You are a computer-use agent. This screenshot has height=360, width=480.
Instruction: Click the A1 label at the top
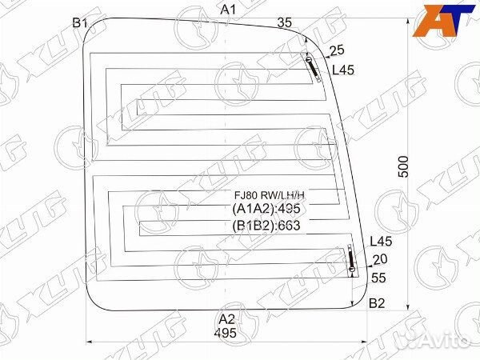click(228, 10)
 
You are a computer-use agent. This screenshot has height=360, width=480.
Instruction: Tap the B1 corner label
click(79, 23)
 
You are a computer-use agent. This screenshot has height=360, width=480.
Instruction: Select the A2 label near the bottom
click(226, 318)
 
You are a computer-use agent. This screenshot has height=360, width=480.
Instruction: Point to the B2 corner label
click(377, 303)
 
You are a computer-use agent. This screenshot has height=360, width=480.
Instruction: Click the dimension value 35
click(285, 22)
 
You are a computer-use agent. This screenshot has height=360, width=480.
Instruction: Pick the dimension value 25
click(337, 50)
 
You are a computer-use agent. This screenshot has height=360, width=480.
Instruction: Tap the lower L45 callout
click(382, 242)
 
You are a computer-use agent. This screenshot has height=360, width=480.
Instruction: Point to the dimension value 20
click(380, 258)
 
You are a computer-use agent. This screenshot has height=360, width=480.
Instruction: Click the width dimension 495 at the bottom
click(226, 332)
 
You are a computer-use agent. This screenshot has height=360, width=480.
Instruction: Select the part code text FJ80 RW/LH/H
click(270, 195)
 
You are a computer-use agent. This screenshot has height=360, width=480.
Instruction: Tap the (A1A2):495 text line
click(270, 210)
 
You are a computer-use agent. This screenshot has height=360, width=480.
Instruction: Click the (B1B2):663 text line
click(270, 225)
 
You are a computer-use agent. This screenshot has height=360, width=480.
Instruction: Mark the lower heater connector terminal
click(351, 261)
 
